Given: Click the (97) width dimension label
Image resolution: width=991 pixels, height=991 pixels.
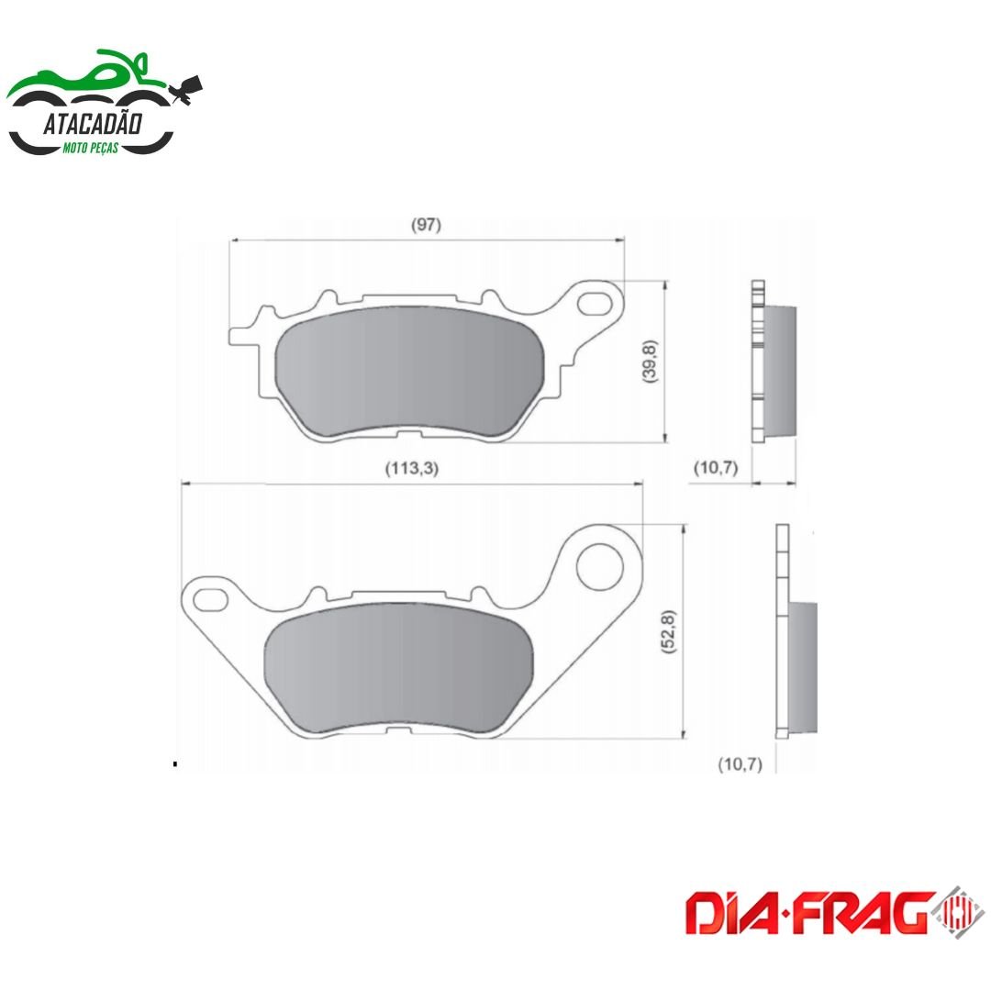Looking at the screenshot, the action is [x=426, y=225].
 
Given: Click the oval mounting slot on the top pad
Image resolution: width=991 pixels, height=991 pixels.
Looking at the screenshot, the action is [x=595, y=303].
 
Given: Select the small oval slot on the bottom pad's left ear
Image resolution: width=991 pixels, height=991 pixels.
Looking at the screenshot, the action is [x=210, y=599].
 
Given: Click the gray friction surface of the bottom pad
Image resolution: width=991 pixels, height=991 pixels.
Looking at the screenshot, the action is [x=399, y=668].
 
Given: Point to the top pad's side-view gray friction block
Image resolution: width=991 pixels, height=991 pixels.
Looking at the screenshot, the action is [x=781, y=371].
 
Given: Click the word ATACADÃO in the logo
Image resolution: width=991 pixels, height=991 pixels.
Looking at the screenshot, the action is [x=93, y=123].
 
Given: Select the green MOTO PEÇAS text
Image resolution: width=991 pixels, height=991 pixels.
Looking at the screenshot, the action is [x=90, y=149].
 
